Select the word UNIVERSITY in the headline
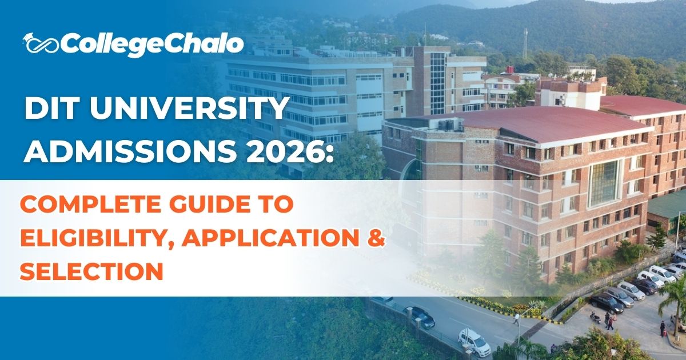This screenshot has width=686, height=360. coord(188,109)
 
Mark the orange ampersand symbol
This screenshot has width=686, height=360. coord(374,237)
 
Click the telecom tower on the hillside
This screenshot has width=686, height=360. coord(525,43)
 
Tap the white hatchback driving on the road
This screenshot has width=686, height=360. coord(474,342)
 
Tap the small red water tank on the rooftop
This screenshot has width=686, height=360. coord(508,70)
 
